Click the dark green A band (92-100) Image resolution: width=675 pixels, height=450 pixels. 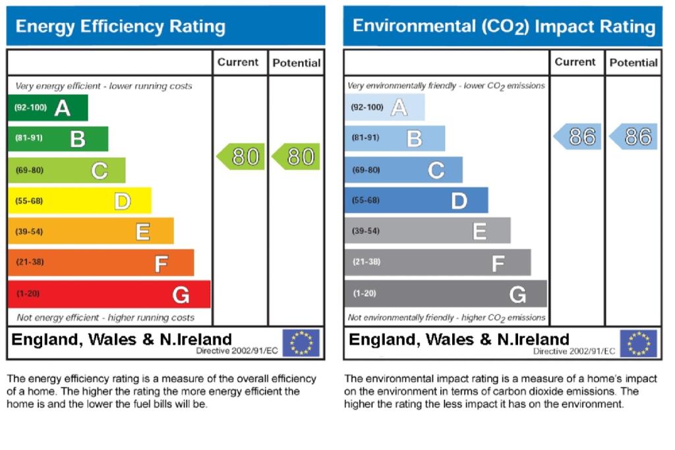47,107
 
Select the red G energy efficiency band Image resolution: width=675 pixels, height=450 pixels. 109,294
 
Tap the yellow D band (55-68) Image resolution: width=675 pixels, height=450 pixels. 79,201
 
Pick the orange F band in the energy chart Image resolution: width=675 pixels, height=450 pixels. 101,262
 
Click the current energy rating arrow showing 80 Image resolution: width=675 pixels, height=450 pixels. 241,157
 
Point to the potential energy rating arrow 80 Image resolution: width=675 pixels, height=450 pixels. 296,157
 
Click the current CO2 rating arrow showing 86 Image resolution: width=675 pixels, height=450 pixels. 577,137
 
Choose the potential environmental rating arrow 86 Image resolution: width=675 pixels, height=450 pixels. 633,137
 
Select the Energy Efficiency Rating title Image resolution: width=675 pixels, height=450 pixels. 120,27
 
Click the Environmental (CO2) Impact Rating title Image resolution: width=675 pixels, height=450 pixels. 504,27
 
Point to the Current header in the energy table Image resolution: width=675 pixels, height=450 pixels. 238,63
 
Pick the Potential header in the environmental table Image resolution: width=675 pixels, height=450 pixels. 633,63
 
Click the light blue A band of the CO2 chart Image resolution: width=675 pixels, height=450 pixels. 384,107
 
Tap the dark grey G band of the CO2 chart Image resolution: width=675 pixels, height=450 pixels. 446,294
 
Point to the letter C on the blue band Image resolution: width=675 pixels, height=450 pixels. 436,171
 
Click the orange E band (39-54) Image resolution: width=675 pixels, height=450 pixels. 90,231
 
